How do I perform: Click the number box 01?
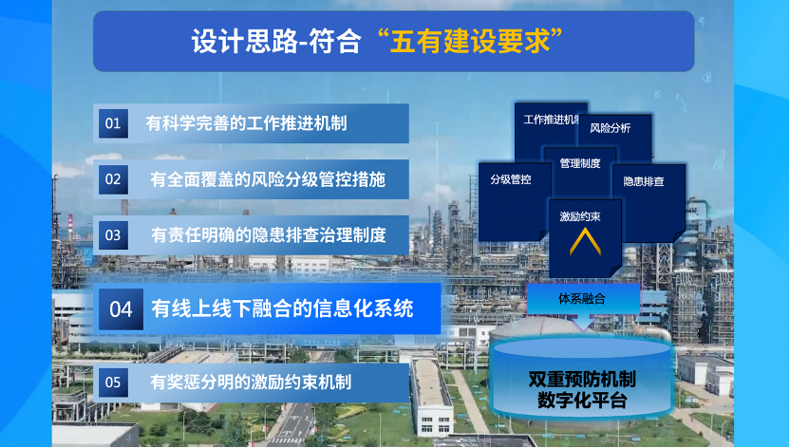pos(113,123)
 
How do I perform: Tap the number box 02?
pos(113,179)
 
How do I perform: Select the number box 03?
pos(113,235)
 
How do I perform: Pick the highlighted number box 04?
pos(121,309)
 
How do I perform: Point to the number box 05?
pos(113,383)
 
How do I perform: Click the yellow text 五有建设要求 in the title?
pos(470,41)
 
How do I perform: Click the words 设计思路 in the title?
pos(244,41)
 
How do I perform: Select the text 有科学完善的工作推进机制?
pos(246,123)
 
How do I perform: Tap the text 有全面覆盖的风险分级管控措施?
pos(268,179)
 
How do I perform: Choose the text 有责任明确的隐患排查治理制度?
pos(269,235)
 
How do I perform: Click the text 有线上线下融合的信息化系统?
pos(282,309)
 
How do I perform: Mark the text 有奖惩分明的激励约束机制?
pos(251,383)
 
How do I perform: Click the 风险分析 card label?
pos(611,128)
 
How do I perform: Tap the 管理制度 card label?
pos(580,163)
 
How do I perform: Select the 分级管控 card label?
pos(511,179)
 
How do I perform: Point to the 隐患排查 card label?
pos(644,181)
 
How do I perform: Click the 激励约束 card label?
pos(580,216)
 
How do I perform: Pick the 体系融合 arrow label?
pos(582,298)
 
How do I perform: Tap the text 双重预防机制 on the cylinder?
pos(582,379)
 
